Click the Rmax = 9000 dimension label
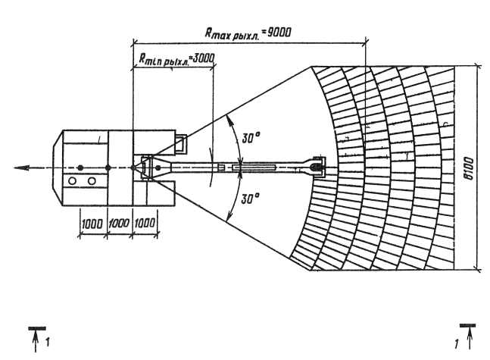click(x=248, y=33)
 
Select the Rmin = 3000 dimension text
click(x=177, y=59)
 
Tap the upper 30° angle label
click(x=251, y=137)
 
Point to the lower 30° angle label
click(x=251, y=199)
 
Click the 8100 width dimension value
click(x=469, y=168)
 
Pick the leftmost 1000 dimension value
click(x=92, y=224)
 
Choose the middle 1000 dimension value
click(x=119, y=224)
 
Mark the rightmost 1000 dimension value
click(x=145, y=223)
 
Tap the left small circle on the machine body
click(x=72, y=181)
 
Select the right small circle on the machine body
click(x=92, y=181)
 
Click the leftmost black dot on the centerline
click(x=80, y=168)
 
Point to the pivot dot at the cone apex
click(x=133, y=168)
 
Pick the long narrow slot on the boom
click(x=254, y=167)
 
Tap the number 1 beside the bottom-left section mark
click(x=48, y=342)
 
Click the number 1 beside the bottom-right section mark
click(x=457, y=344)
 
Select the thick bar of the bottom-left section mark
click(x=37, y=328)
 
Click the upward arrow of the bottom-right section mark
click(x=470, y=339)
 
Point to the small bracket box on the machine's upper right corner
click(x=181, y=144)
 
